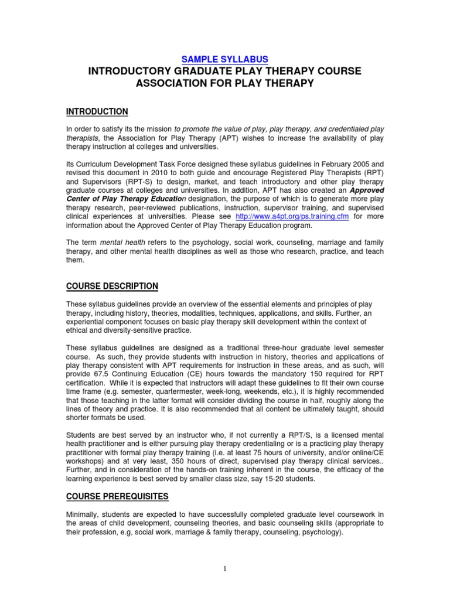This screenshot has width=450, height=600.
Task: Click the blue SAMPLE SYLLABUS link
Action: [225, 59]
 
